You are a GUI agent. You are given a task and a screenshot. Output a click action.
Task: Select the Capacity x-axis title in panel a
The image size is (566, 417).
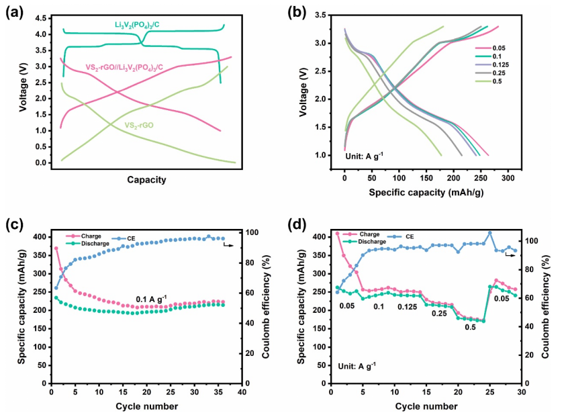146,179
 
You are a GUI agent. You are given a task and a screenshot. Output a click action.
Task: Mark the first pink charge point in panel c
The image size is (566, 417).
56,248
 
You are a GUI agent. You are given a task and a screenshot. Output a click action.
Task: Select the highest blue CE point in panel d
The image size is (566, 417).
490,233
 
